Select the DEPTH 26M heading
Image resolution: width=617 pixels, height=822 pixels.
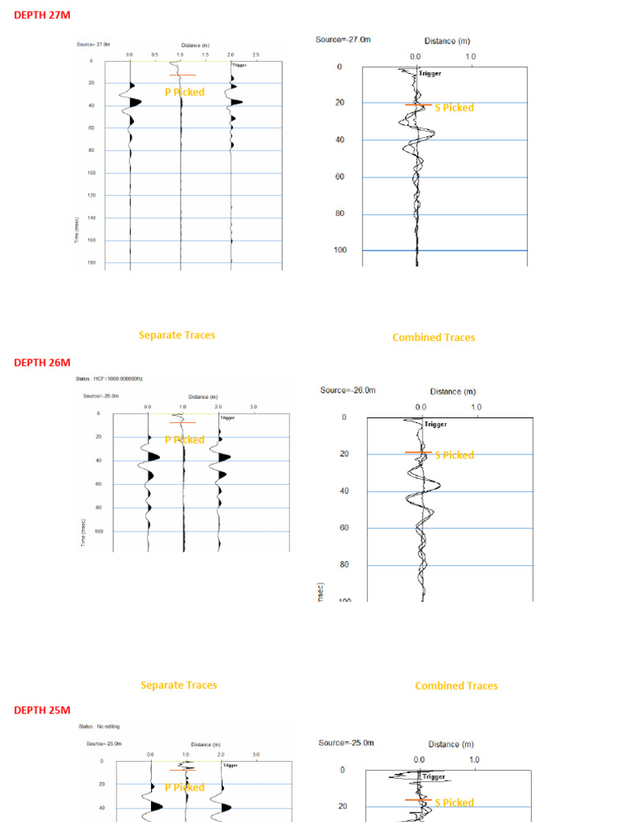(42, 362)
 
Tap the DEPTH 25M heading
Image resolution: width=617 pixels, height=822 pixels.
(42, 710)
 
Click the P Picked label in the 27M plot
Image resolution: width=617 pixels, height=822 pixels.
(185, 92)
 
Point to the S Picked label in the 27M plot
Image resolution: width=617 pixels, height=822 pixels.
(454, 108)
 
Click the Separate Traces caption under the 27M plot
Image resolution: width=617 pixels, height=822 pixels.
(177, 335)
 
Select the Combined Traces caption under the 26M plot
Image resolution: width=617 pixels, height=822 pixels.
(456, 686)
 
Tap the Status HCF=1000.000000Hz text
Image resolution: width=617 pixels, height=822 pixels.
(108, 378)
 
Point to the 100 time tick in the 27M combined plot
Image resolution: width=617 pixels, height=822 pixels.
(339, 250)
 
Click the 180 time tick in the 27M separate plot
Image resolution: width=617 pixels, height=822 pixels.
(91, 262)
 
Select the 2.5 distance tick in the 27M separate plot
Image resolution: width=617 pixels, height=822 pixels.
(255, 55)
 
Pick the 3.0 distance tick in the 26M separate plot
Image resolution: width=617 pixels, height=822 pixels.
(254, 407)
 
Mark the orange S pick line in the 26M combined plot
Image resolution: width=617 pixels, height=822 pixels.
(419, 453)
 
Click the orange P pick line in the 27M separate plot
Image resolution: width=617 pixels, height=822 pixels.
(182, 75)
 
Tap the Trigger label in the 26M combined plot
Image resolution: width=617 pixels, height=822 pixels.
(435, 424)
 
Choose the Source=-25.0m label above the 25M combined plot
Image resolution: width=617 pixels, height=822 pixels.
(345, 743)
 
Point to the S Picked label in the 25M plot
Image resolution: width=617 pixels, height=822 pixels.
(454, 803)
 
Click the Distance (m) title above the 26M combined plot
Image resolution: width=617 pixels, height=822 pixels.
(456, 392)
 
